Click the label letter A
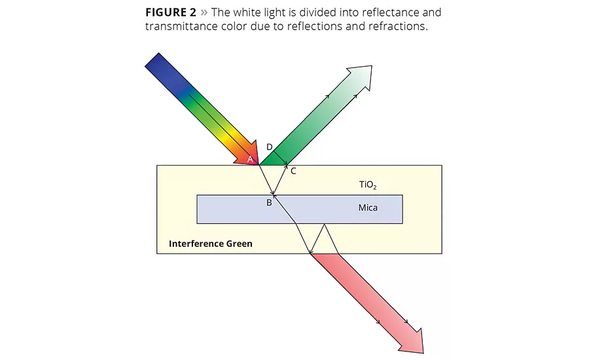(x=250, y=158)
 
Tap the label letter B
(x=268, y=203)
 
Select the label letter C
(x=293, y=171)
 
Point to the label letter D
(x=270, y=147)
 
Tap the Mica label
(x=368, y=208)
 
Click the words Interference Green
(x=210, y=243)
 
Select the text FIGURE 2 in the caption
(x=171, y=13)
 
